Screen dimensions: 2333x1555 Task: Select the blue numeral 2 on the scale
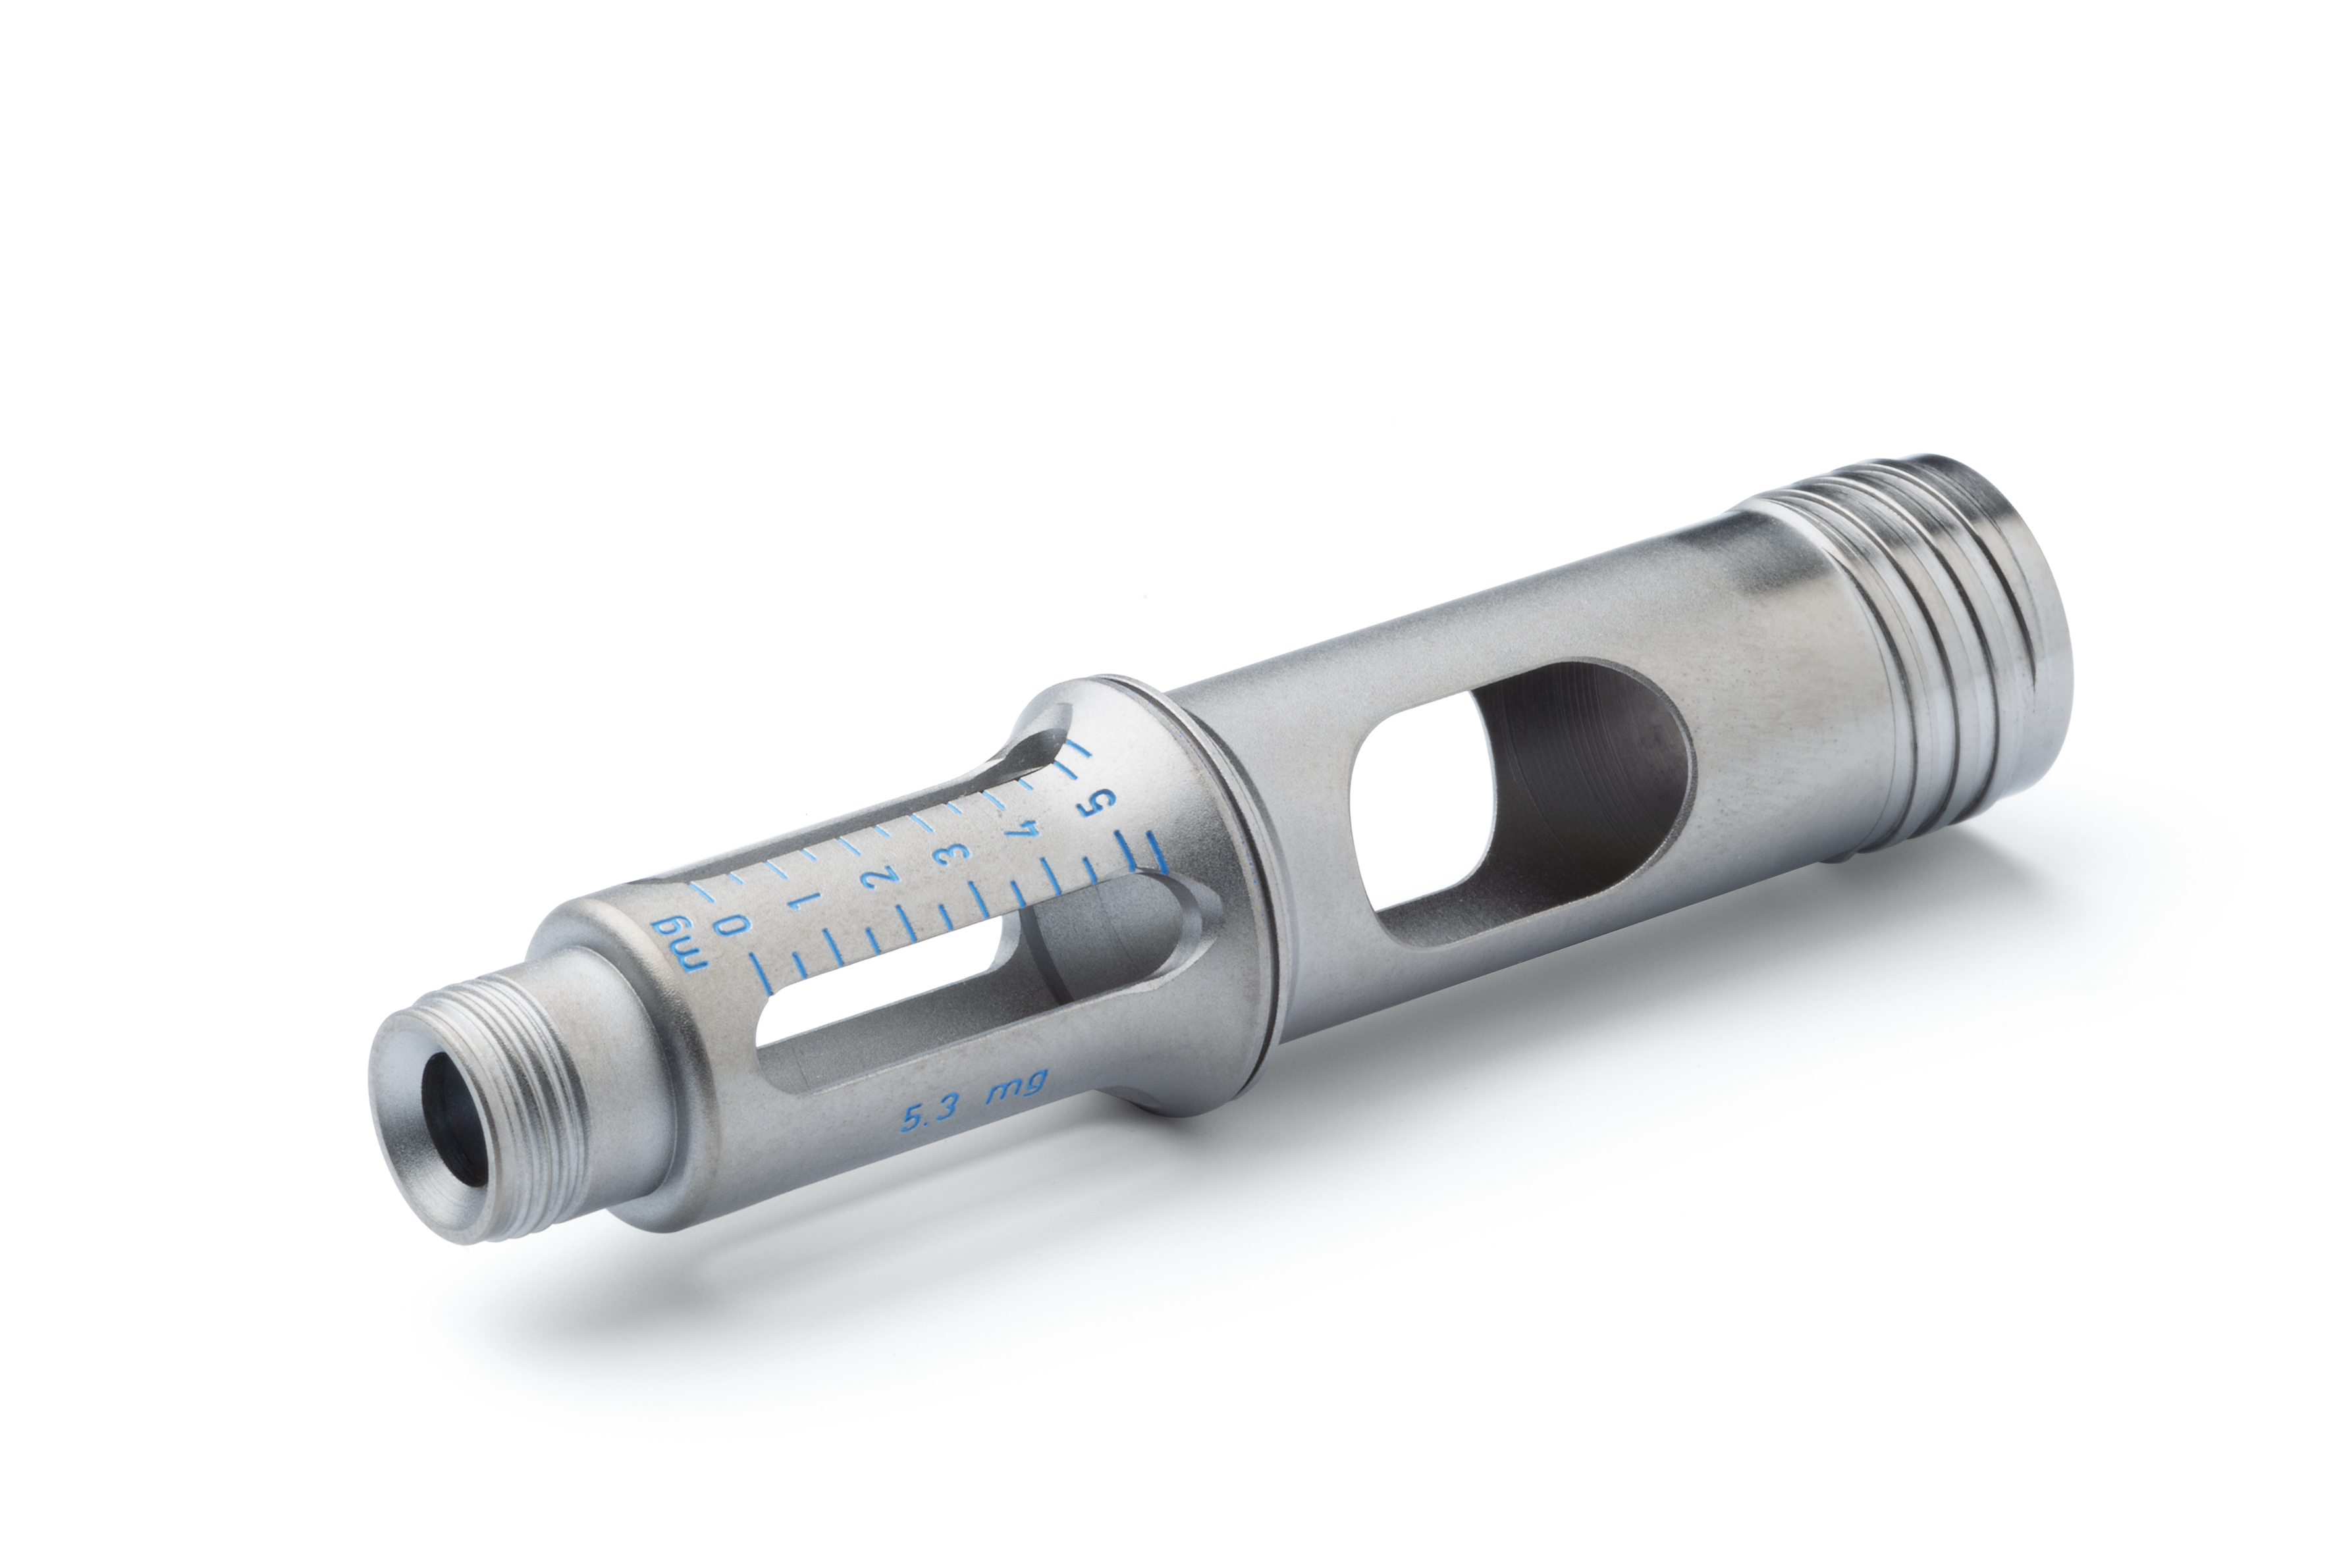pos(882,876)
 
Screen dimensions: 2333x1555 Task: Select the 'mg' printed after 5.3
pos(1017,1088)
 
